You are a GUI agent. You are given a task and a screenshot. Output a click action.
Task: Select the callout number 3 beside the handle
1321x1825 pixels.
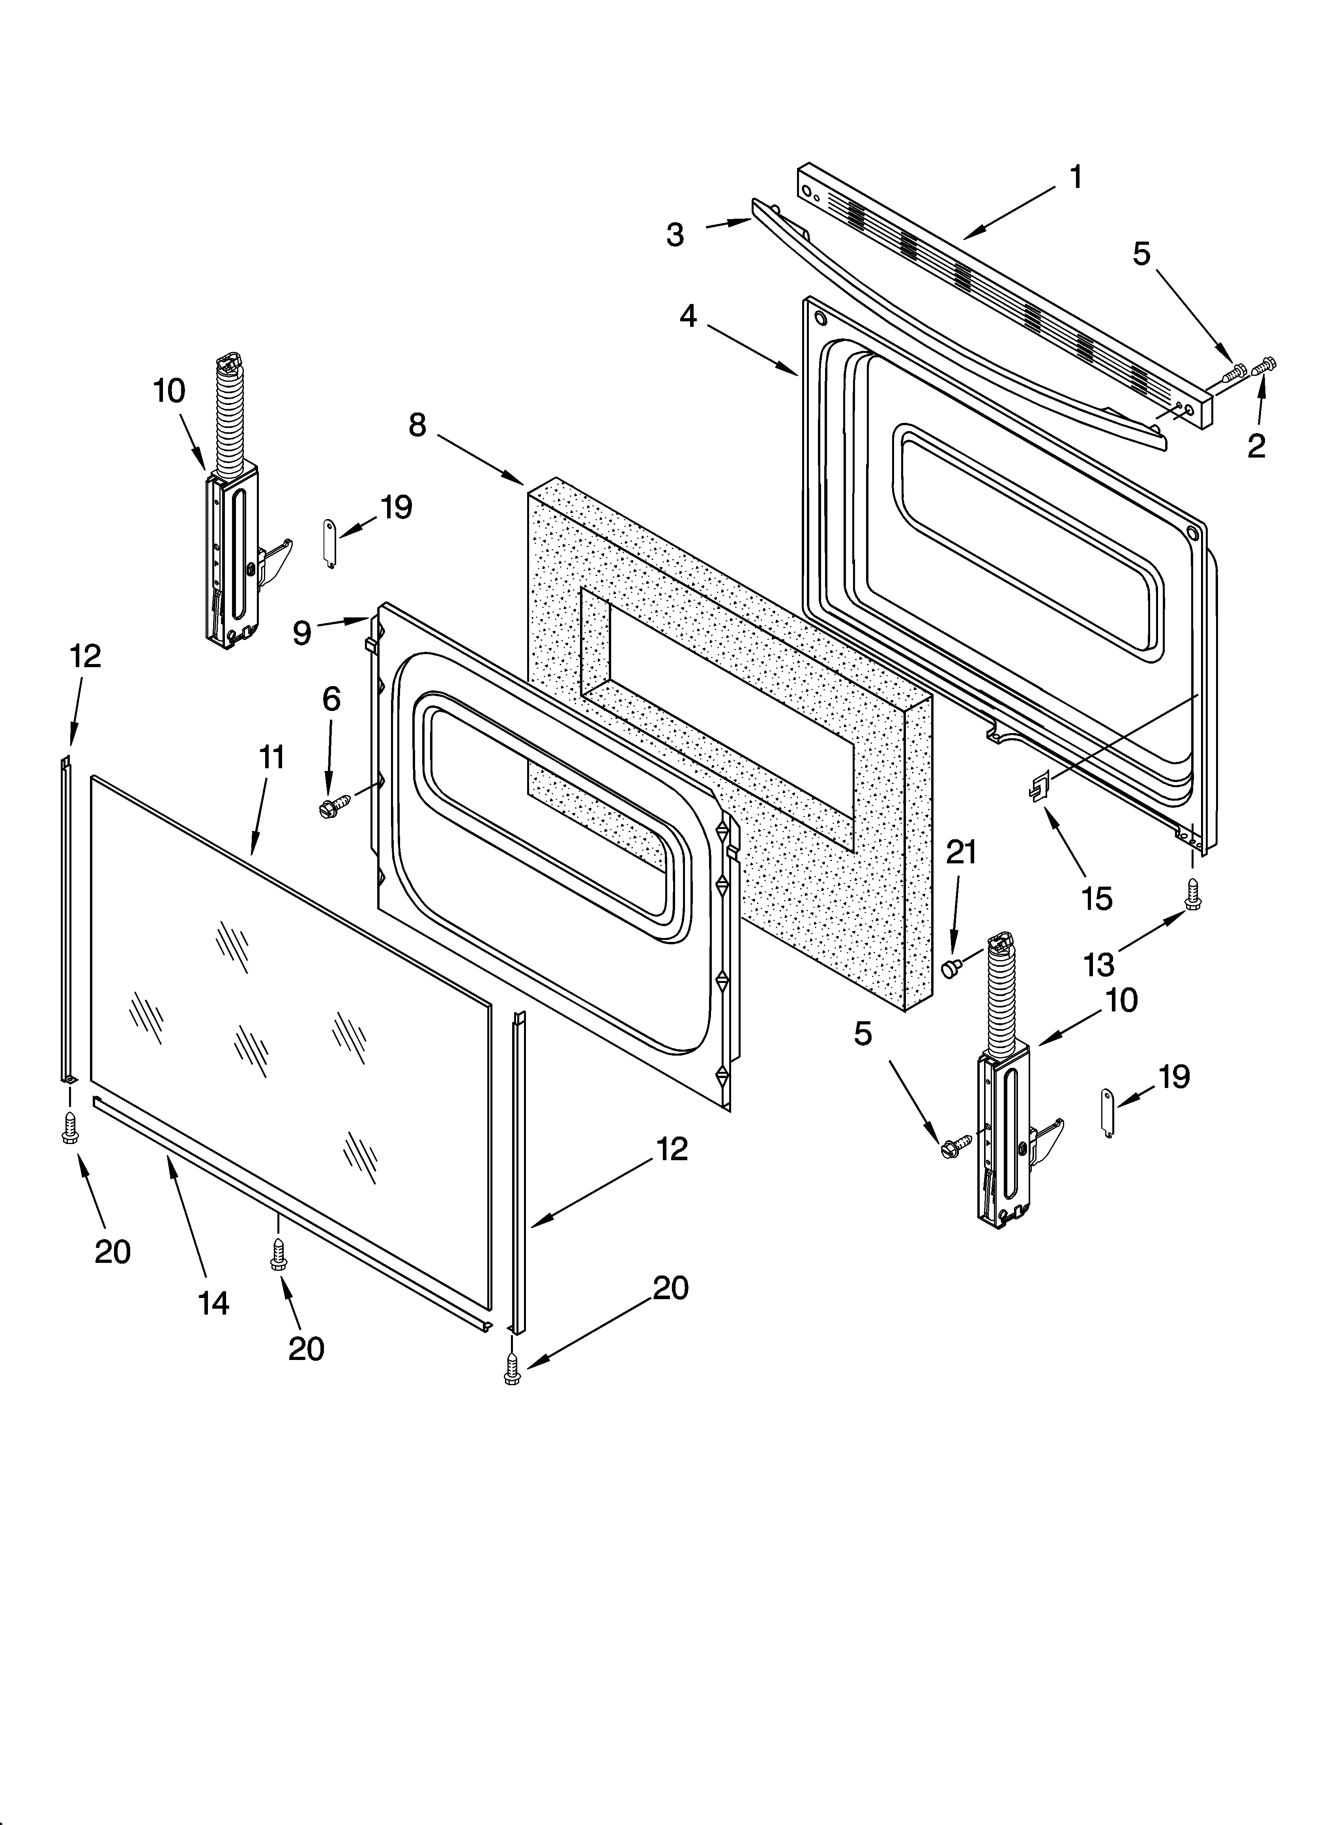pos(675,235)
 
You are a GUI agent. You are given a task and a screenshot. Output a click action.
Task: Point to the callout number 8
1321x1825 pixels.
pos(417,425)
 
